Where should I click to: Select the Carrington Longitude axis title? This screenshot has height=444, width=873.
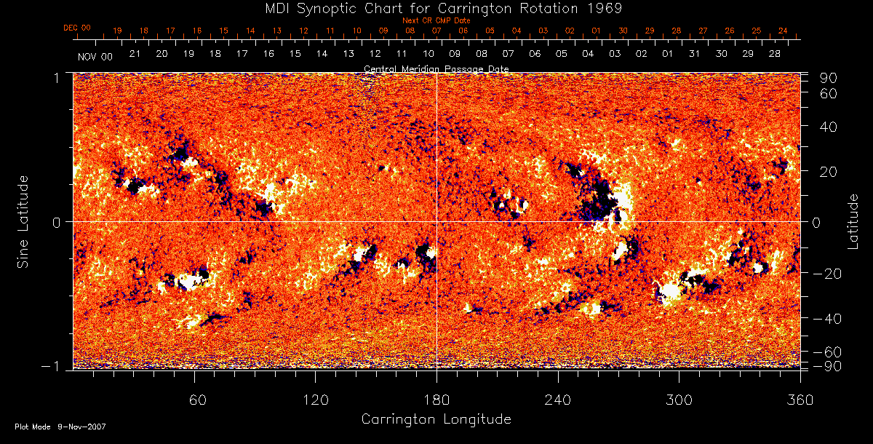point(436,419)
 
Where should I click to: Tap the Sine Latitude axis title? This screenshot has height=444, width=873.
point(23,221)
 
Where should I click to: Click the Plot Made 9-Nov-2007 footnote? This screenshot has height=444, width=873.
point(60,427)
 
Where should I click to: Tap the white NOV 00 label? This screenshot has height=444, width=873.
point(95,55)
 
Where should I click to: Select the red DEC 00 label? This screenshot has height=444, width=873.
point(77,28)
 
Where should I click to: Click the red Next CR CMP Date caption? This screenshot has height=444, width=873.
point(436,20)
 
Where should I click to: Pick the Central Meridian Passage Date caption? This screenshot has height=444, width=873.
point(436,68)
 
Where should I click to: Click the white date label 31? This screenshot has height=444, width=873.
point(695,55)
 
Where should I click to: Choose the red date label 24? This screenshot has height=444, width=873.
point(783,31)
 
